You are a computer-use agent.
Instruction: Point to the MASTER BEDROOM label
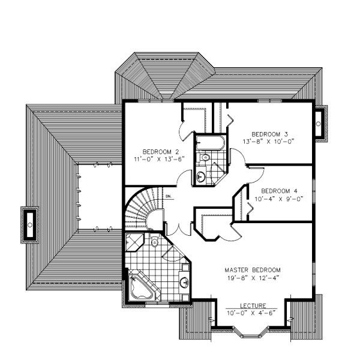click(x=253, y=269)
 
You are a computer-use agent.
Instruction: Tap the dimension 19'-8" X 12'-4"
click(x=253, y=278)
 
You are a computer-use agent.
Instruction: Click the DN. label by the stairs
click(x=169, y=196)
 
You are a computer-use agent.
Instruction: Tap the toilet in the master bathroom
click(x=154, y=242)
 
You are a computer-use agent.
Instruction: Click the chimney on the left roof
click(x=29, y=224)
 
